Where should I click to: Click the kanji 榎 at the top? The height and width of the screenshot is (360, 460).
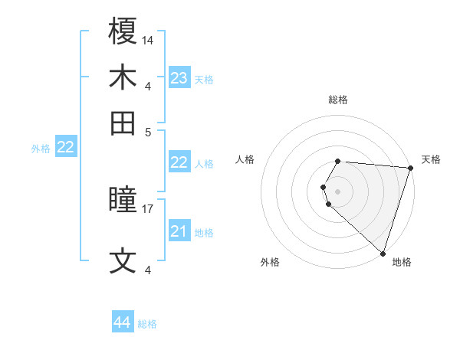(123, 31)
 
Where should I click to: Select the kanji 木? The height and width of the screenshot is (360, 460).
(123, 77)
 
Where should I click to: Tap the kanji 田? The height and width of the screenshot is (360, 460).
(123, 123)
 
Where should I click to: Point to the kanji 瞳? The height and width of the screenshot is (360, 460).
(123, 201)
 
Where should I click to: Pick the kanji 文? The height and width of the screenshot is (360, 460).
(123, 260)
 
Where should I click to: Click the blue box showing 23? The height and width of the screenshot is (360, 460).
(179, 78)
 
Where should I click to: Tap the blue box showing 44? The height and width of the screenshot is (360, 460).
(122, 322)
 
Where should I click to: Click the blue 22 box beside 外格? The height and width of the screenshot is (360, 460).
(65, 148)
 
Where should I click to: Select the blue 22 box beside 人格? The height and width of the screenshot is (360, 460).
(179, 162)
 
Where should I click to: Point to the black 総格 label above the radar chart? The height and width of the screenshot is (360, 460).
(338, 100)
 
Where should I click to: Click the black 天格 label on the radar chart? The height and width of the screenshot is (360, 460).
(431, 159)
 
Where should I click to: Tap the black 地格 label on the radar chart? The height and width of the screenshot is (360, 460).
(402, 262)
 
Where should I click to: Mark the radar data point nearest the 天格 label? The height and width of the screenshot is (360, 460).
(410, 168)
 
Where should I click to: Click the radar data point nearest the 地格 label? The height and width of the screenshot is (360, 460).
(383, 253)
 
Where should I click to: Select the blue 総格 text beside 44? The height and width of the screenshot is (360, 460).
(147, 324)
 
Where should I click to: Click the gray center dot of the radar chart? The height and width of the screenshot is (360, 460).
(338, 191)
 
